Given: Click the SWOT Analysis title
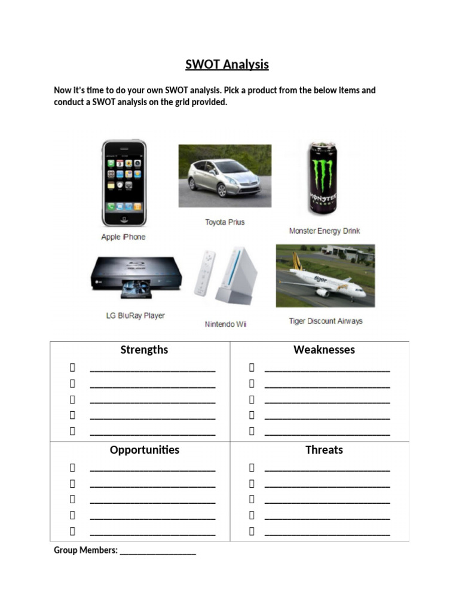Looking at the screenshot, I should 227,65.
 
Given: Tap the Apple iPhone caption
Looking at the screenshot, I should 123,237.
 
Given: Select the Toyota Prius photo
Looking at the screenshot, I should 225,175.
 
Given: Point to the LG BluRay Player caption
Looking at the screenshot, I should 135,316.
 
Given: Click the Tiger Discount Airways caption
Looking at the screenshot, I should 326,321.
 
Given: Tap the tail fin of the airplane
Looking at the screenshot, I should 296,261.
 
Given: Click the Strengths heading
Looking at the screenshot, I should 144,350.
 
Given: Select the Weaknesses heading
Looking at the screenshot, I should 324,350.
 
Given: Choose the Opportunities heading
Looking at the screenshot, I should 144,449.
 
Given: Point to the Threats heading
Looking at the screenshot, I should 324,449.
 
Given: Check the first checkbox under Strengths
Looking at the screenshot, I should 72,368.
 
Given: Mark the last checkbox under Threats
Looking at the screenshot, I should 252,531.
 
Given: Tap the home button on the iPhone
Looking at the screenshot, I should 124,219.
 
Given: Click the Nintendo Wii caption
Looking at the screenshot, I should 225,325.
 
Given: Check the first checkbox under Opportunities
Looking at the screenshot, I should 72,467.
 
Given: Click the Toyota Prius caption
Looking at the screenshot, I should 225,222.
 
